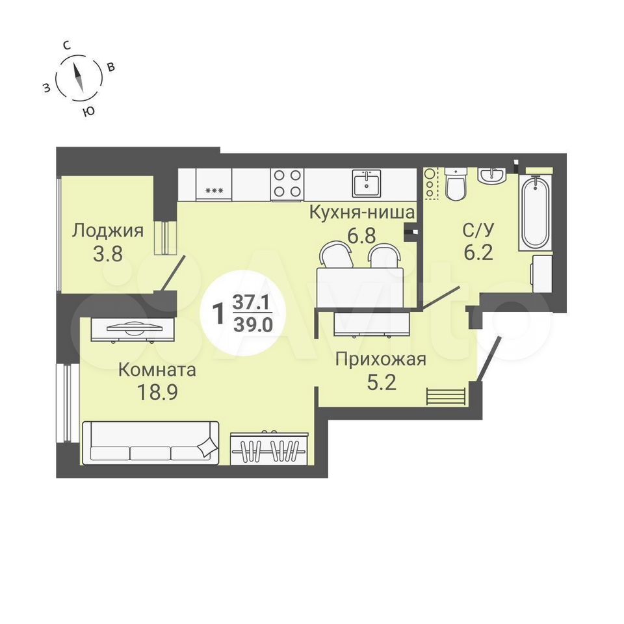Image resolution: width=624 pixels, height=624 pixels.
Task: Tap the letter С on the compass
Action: (67, 45)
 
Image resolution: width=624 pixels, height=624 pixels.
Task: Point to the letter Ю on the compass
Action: (89, 111)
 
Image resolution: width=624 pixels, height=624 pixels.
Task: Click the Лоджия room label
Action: (107, 231)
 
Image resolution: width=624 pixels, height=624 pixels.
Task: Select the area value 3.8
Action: (107, 253)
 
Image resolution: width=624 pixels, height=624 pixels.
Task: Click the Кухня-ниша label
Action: (362, 213)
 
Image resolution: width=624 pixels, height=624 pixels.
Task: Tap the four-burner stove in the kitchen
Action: (287, 183)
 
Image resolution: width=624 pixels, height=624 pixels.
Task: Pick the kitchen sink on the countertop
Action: (366, 183)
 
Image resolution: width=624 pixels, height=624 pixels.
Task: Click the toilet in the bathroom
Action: (456, 184)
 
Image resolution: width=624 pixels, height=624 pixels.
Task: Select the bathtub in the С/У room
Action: (535, 213)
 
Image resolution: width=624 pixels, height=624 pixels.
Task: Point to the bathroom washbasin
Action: (492, 176)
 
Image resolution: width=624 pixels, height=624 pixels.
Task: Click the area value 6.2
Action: (478, 252)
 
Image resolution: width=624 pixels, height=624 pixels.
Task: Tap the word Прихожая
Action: (380, 359)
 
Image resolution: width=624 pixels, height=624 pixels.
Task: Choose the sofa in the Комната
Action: (150, 443)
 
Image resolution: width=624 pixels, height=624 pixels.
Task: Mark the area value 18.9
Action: (157, 393)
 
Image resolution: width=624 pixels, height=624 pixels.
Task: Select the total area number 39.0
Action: (253, 326)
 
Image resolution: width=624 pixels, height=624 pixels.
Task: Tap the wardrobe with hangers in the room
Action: (269, 448)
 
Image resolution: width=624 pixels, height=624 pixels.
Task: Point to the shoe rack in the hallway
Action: (447, 396)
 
